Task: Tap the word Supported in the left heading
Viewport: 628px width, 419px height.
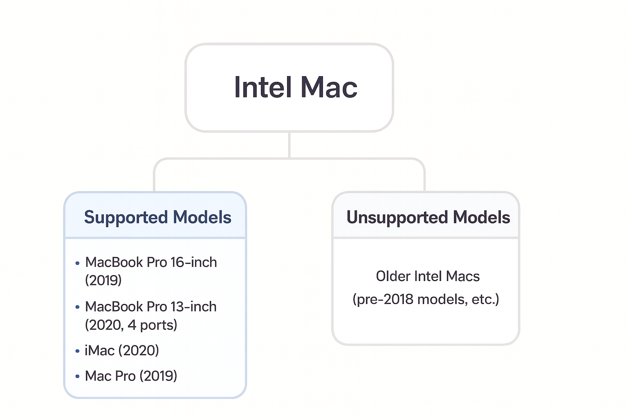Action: click(126, 217)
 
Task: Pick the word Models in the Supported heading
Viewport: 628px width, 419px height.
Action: click(202, 217)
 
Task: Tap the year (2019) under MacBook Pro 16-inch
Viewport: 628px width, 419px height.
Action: click(103, 280)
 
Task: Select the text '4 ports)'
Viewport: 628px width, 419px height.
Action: click(153, 325)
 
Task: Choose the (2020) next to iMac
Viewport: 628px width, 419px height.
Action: click(139, 351)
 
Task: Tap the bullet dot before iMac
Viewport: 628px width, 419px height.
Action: click(77, 351)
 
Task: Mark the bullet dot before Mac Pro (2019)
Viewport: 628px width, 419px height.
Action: click(77, 376)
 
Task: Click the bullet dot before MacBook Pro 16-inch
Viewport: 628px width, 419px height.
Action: click(77, 263)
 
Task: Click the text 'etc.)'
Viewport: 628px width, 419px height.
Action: click(485, 300)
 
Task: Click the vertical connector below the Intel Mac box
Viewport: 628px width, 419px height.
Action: click(289, 145)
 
